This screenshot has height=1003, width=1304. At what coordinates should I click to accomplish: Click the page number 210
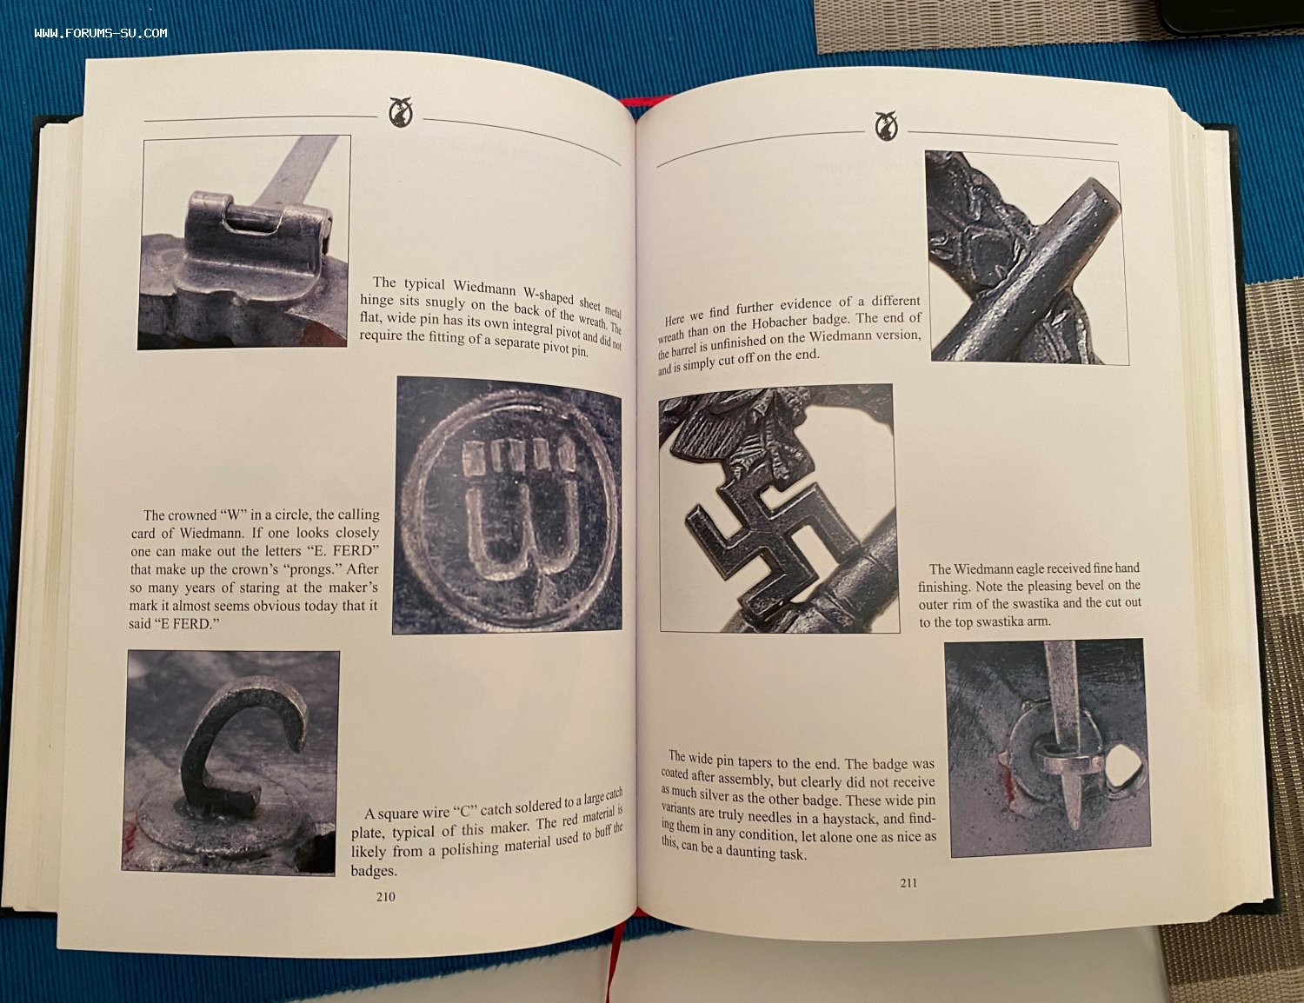click(385, 897)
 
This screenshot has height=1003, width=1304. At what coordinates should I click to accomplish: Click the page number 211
click(908, 882)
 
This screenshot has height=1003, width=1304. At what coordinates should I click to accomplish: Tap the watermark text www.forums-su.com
click(101, 33)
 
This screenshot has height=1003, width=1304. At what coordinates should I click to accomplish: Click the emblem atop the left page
click(400, 112)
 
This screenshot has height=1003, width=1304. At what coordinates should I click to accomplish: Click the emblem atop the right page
click(887, 126)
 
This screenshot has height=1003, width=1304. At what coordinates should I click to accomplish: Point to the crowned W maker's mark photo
click(508, 504)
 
